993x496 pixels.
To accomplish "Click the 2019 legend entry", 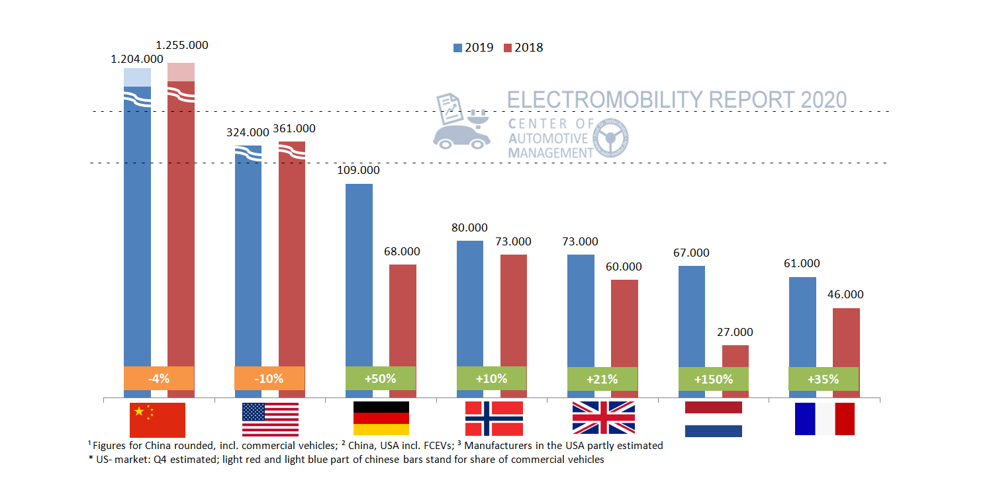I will click(x=473, y=48).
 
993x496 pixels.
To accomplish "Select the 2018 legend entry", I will click(x=523, y=48).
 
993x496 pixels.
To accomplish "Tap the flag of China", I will click(x=158, y=419).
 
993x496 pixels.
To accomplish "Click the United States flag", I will click(x=270, y=419).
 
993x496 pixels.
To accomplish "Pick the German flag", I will click(x=381, y=419).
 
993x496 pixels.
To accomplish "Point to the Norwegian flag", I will click(x=494, y=419).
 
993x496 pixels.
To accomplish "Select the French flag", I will click(x=824, y=419).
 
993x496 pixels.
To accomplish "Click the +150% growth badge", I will click(x=714, y=379).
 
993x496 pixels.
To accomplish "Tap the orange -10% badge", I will click(x=269, y=378).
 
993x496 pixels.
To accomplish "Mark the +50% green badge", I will click(x=381, y=378).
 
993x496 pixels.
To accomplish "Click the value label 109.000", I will click(x=358, y=170).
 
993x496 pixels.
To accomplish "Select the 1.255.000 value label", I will click(x=181, y=46).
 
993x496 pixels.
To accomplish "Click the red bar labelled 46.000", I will click(x=846, y=337).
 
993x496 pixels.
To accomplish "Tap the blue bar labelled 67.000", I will click(x=692, y=316).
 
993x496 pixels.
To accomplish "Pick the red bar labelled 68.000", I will click(x=402, y=315).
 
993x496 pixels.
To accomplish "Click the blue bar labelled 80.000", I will click(x=470, y=304).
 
